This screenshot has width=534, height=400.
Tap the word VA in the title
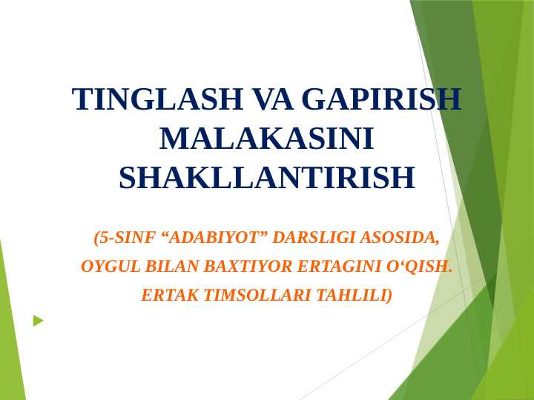point(273,100)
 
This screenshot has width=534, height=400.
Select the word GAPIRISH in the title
point(382,100)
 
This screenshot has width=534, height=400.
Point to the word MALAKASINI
point(266,139)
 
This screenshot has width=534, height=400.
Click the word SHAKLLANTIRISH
point(266,179)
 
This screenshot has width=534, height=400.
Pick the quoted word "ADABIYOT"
point(214,238)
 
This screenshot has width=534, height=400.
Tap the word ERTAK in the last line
point(170,296)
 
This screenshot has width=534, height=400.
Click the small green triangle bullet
point(38,321)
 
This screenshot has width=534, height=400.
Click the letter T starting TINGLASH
point(82,100)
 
